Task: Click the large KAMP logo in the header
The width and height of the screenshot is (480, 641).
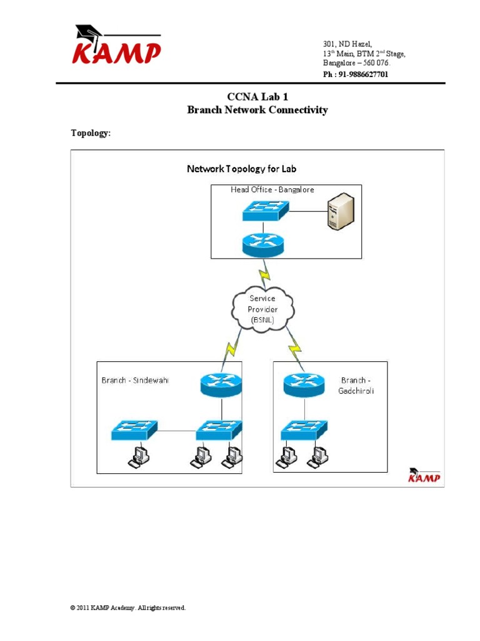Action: [116, 46]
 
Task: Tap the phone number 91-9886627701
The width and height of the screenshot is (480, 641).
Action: [355, 74]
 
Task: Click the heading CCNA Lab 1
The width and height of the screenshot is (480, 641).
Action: [257, 96]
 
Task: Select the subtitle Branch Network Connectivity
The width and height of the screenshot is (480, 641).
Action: [257, 110]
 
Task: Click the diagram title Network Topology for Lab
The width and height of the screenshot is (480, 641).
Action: [242, 169]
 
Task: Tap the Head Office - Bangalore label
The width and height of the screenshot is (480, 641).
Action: [263, 190]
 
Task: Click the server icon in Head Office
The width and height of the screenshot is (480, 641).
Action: [341, 211]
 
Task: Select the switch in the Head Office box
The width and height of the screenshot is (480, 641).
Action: [266, 210]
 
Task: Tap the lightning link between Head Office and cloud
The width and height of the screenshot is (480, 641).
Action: [265, 272]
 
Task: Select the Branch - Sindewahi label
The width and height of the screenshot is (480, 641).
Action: [135, 380]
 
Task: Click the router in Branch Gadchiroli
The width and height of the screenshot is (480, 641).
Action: [304, 384]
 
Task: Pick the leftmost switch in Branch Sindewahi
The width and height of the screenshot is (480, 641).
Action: [134, 430]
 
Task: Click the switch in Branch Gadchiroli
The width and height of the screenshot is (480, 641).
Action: [304, 430]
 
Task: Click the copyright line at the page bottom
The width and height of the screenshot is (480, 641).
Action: [128, 608]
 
